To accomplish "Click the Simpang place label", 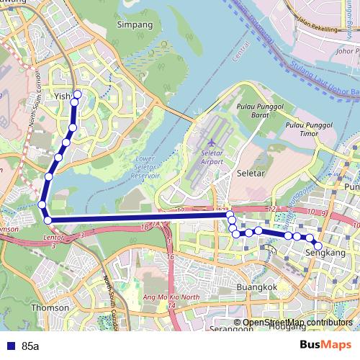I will click(x=135, y=24).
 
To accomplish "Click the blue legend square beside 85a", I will click(x=9, y=346).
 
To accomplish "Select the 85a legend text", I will click(x=30, y=346).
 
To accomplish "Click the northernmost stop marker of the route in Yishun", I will click(x=77, y=94).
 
